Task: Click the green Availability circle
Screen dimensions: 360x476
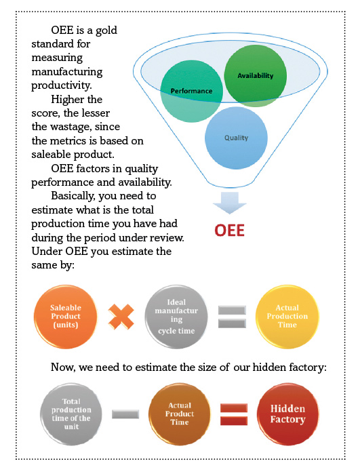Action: pos(256,76)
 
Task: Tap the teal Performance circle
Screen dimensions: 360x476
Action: pos(192,91)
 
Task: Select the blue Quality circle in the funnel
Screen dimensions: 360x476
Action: pos(236,138)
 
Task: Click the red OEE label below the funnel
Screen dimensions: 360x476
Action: pos(229,231)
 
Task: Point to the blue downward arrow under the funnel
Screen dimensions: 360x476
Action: pos(230,203)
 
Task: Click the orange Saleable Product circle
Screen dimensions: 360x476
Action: pos(66,317)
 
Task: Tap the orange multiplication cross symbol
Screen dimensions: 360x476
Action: pos(121,317)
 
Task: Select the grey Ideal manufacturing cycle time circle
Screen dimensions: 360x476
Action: pos(176,317)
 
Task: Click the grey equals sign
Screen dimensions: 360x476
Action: pos(233,317)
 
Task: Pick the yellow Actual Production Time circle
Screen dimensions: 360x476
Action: pos(287,317)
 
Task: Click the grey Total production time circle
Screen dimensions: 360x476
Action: pos(71,414)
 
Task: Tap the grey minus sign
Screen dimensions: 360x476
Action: pos(125,414)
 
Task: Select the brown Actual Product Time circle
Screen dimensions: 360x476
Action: pos(180,414)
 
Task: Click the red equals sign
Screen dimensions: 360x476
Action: pos(234,414)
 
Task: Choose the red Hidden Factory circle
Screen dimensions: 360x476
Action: pos(287,414)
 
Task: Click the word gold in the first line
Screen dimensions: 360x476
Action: pos(106,31)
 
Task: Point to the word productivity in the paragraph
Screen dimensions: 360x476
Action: pos(61,85)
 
